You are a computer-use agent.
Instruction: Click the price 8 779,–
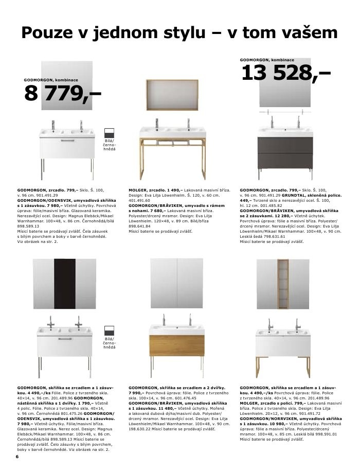(x=62, y=94)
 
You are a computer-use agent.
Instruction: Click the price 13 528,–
(x=285, y=74)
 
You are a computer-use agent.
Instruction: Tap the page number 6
(x=17, y=457)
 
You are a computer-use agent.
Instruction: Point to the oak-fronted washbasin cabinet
(x=176, y=342)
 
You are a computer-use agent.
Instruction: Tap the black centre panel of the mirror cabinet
(x=65, y=284)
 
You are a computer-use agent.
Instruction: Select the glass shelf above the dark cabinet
(x=285, y=113)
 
